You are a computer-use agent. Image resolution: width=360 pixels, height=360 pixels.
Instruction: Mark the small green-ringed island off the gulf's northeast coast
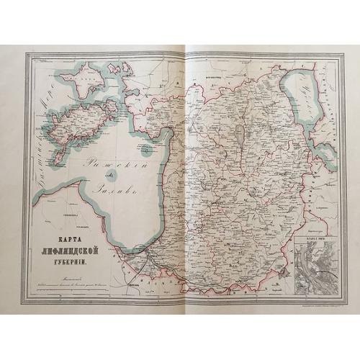(x=147, y=150)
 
